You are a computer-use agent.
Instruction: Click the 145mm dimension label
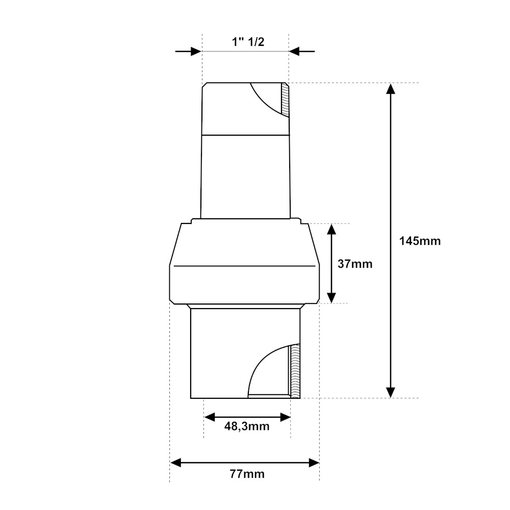[420, 241]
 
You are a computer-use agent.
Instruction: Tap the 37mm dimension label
[355, 264]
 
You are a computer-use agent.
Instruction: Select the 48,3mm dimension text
[247, 426]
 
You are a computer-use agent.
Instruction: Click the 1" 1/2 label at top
[248, 42]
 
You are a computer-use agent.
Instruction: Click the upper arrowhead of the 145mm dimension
[391, 89]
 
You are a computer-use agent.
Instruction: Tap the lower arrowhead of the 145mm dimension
[391, 392]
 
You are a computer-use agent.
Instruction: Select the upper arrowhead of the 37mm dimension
[331, 229]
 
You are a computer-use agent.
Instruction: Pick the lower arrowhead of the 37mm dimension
[331, 298]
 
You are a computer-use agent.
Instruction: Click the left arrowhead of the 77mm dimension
[176, 463]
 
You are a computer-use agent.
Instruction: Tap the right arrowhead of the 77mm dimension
[314, 463]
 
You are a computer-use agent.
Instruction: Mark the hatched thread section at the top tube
[285, 99]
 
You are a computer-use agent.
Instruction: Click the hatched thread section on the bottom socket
[295, 371]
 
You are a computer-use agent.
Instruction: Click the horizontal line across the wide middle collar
[244, 266]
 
